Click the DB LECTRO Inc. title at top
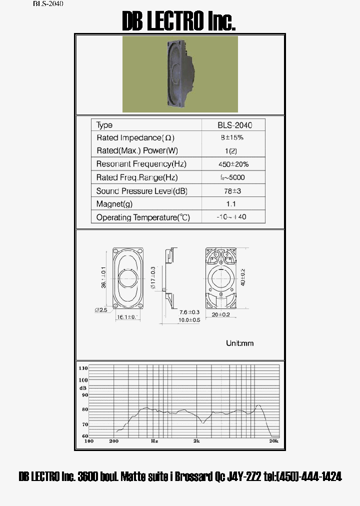pos(179,21)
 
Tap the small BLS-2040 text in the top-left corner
pos(48,3)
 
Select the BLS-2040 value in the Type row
pos(233,125)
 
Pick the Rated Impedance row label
pos(135,137)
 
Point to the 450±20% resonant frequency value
pos(233,164)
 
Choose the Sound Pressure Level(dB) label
pos(141,191)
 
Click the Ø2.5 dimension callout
pos(101,310)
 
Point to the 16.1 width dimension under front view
pos(126,317)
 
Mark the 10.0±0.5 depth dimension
pos(189,320)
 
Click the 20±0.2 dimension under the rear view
pos(220,314)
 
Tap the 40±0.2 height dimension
pos(243,277)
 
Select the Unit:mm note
pos(240,343)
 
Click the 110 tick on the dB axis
pos(82,368)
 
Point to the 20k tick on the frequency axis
pos(273,441)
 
